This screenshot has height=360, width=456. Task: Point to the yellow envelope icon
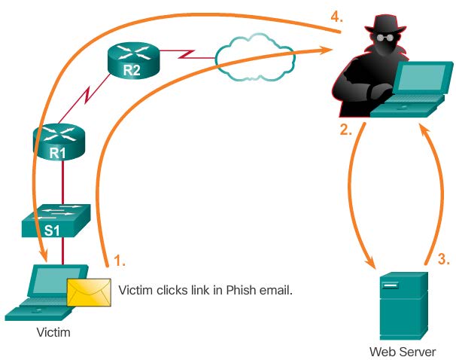point(89,291)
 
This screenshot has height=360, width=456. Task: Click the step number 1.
point(119,261)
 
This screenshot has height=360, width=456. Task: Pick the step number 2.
point(345,130)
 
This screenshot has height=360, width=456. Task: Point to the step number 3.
point(444,259)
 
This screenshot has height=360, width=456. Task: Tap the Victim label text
point(53,332)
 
